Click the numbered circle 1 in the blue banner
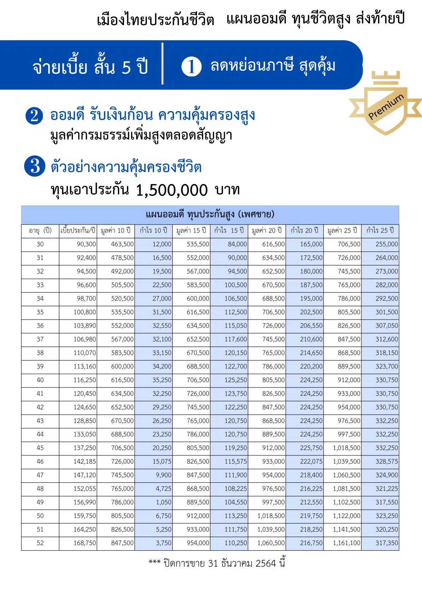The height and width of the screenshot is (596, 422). [x=191, y=67]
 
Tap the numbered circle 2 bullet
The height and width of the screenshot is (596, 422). [x=34, y=116]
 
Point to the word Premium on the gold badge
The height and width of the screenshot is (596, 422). [x=386, y=107]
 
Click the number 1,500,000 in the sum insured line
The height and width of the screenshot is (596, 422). [x=172, y=190]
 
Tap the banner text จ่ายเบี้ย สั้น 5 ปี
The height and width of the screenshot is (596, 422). [x=90, y=67]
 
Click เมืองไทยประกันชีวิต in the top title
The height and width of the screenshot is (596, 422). [x=155, y=20]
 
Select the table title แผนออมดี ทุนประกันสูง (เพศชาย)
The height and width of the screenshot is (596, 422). [x=210, y=214]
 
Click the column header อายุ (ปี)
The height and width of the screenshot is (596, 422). [x=40, y=231]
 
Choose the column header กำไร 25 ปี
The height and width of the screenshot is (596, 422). [x=380, y=231]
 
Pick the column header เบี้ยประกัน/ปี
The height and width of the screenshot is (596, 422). [x=78, y=231]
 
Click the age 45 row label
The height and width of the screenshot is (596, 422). [x=40, y=448]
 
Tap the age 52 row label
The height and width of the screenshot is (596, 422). [x=40, y=543]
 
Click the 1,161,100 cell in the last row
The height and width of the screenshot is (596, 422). [x=346, y=543]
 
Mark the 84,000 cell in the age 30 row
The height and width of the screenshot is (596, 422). [x=237, y=244]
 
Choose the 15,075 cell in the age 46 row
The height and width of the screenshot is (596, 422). [x=162, y=462]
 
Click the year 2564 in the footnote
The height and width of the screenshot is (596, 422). [x=265, y=563]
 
